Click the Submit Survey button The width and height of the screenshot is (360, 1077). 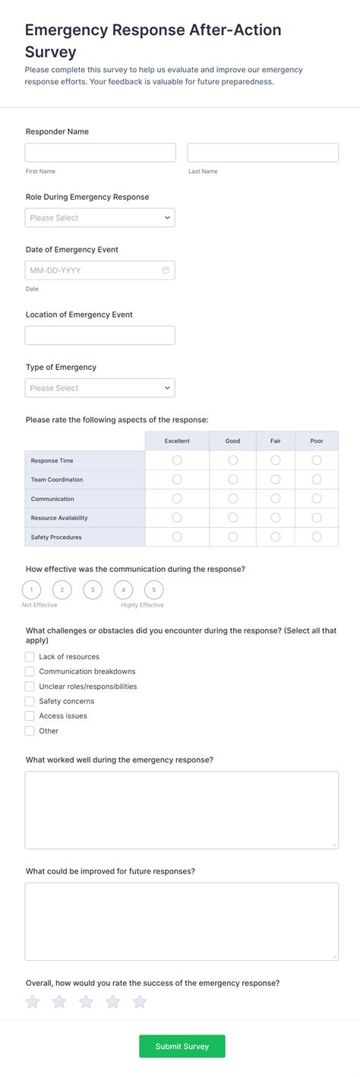point(182,1046)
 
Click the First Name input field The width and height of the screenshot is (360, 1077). point(100,153)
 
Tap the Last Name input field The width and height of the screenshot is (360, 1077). point(263,153)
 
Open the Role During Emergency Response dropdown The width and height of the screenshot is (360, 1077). point(100,218)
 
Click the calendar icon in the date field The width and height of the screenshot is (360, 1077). point(166,270)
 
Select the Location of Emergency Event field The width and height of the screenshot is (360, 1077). point(100,336)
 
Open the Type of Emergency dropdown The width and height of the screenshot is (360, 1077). point(100,388)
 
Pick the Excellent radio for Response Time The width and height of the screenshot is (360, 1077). point(177,460)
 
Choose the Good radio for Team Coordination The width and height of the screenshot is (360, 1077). point(233,479)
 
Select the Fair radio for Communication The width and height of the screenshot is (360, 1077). point(276,498)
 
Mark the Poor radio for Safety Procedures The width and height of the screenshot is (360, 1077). point(317,537)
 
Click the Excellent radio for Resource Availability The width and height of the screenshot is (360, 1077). point(177,517)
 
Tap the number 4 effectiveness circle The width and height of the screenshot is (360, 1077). point(123,589)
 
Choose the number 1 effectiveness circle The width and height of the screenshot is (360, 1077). point(31,589)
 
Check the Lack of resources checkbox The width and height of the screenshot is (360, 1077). point(30,656)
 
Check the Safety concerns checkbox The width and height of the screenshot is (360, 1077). point(30,701)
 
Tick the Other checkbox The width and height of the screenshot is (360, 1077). point(30,731)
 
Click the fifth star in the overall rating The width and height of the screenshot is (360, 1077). point(140,1003)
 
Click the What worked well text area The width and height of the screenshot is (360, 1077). point(182,810)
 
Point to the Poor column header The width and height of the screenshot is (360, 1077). point(317,441)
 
